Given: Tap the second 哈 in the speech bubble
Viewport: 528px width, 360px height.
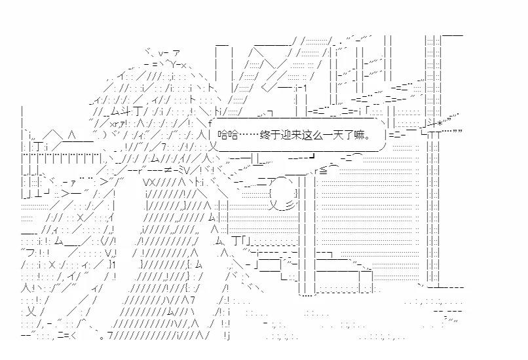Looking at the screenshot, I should [x=232, y=136].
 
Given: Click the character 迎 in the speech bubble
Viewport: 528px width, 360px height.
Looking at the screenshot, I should [x=284, y=136].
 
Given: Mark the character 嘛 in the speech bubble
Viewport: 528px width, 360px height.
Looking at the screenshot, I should [x=357, y=136].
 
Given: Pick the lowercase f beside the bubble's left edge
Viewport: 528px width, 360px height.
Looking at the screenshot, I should [x=210, y=122].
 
